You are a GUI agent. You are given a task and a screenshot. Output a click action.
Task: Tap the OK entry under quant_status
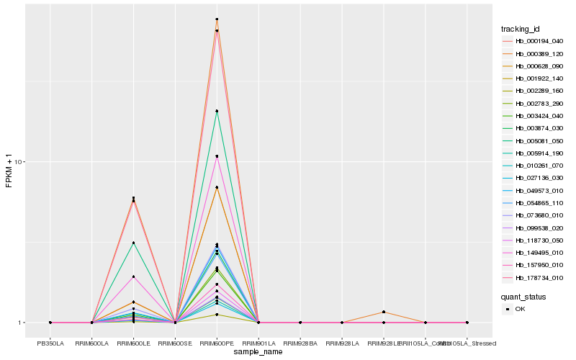tap(520, 309)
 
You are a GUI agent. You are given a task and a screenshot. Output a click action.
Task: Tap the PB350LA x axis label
tap(50, 343)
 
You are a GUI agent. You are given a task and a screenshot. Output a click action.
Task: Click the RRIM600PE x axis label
tap(217, 343)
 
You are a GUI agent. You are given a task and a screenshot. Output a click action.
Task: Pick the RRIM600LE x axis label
tap(133, 343)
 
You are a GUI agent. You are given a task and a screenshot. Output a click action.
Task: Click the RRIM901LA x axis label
tap(258, 343)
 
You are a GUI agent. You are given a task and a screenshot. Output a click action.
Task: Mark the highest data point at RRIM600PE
tap(217, 19)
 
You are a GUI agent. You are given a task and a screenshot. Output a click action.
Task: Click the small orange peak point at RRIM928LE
tap(384, 312)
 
